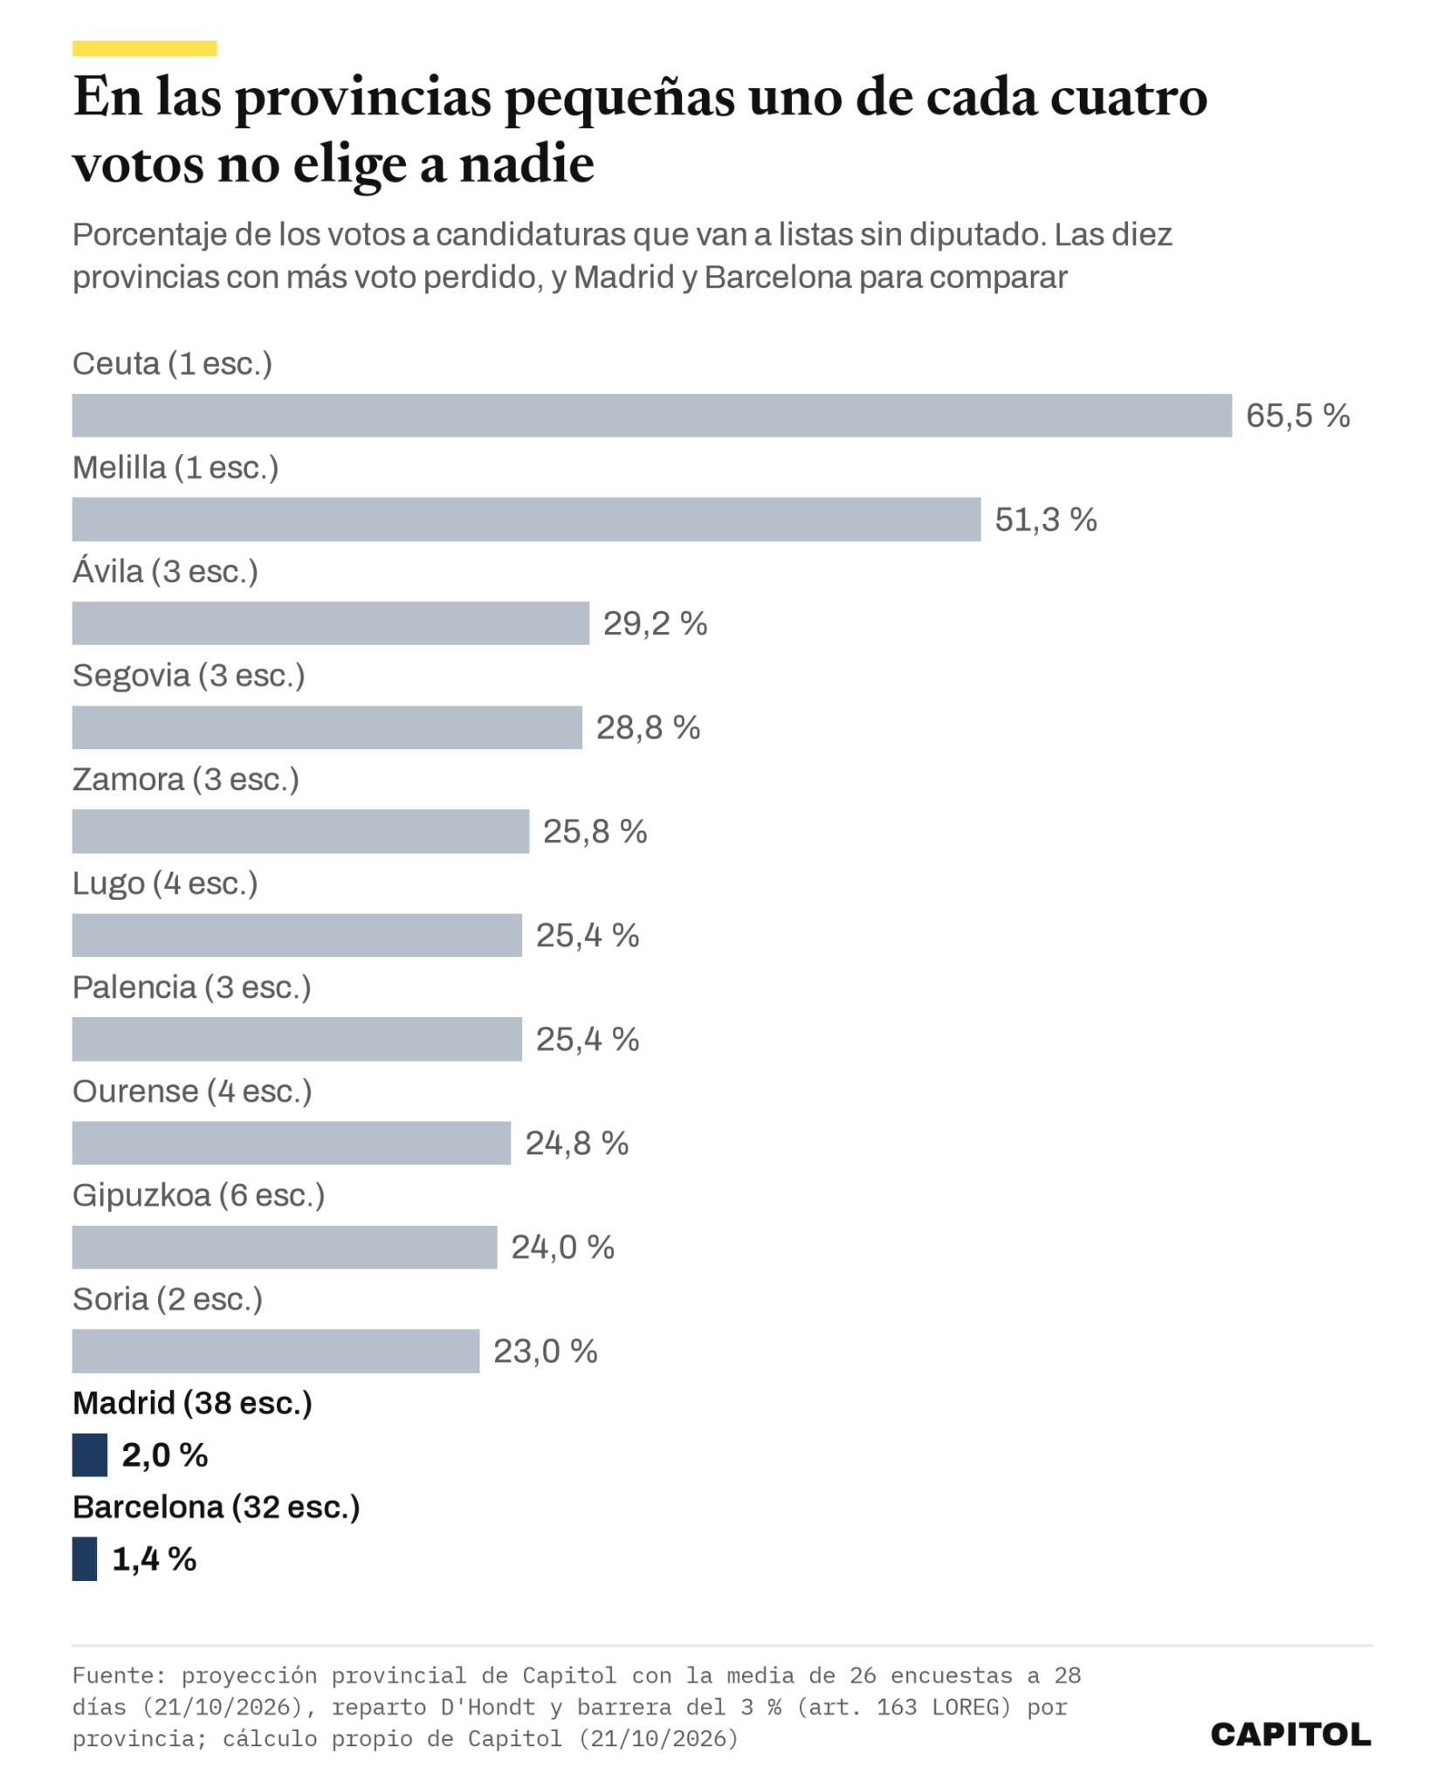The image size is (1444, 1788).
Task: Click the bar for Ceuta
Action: (651, 416)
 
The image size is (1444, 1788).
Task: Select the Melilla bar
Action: (526, 519)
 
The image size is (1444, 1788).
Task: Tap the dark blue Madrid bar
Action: (90, 1454)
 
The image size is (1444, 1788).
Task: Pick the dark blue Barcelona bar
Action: (85, 1558)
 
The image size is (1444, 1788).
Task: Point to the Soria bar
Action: (276, 1351)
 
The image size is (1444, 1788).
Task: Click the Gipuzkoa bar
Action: (285, 1247)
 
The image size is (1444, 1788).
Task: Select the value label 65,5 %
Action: (1297, 416)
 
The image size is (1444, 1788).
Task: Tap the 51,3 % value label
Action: (1045, 519)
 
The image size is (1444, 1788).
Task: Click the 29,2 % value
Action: (655, 623)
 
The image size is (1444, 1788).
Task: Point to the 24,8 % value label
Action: (576, 1143)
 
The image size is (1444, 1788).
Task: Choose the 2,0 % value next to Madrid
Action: (165, 1454)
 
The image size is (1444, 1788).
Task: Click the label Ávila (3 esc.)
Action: (165, 571)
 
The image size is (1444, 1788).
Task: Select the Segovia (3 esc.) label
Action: (189, 676)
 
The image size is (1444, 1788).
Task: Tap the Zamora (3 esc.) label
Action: (186, 780)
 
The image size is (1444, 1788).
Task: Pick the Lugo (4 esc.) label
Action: (165, 884)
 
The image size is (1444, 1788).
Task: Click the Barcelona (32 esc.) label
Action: (217, 1507)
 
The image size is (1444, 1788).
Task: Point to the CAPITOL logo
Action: (1290, 1735)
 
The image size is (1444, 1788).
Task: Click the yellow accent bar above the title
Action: (144, 49)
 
